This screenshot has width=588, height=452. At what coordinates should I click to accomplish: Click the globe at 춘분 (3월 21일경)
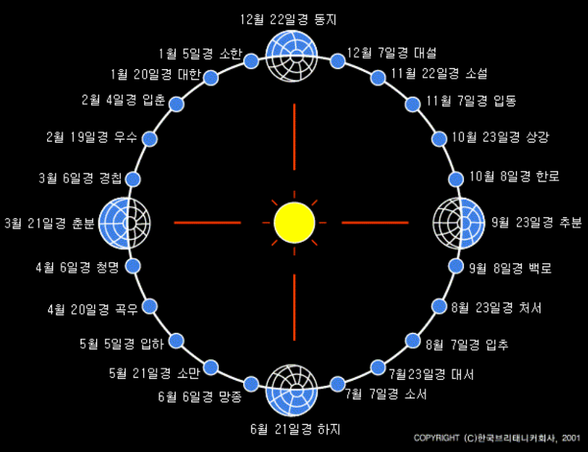(125, 222)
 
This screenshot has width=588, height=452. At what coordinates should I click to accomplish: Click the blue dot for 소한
(250, 60)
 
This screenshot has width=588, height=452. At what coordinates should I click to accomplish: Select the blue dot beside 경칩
(133, 179)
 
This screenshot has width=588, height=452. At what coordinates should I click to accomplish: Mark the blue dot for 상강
(439, 138)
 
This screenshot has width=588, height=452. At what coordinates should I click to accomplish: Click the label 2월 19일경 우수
(91, 137)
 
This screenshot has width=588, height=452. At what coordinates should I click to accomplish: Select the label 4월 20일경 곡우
(92, 309)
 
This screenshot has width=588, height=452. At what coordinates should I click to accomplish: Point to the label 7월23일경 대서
(431, 374)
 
